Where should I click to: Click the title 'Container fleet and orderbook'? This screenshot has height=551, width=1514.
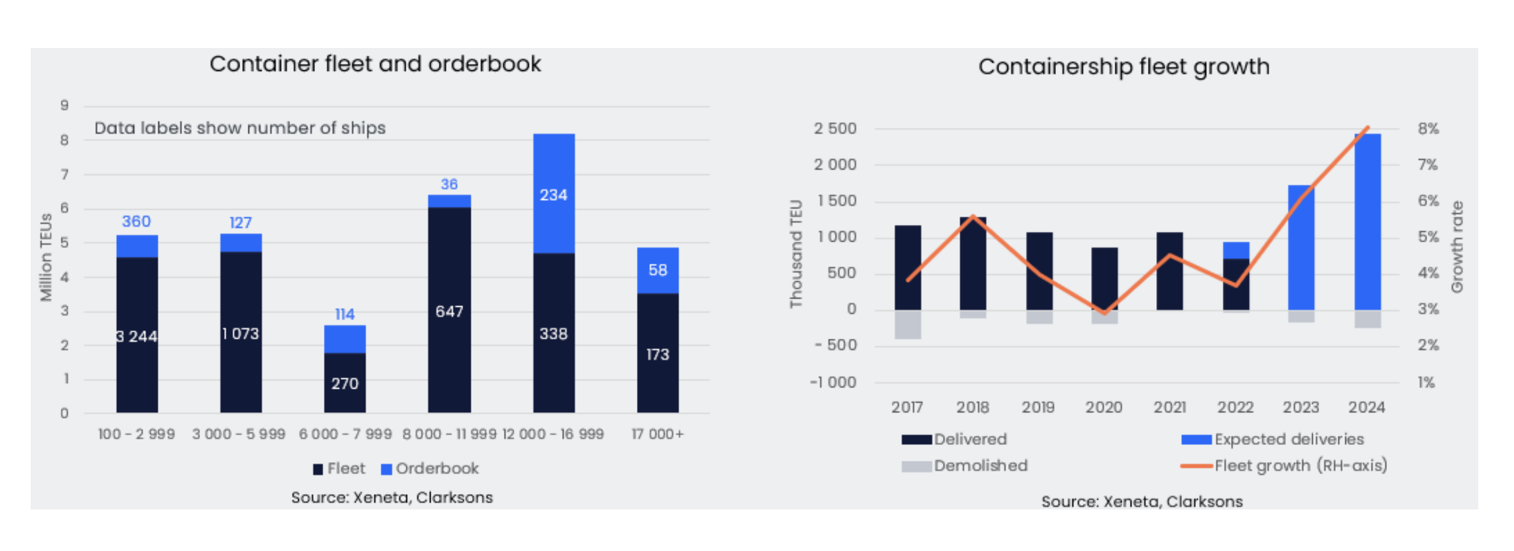[375, 64]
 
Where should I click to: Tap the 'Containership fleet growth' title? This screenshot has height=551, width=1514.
[1124, 66]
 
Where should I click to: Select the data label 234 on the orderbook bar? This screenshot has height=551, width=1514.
[553, 195]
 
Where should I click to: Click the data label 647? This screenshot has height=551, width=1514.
[449, 311]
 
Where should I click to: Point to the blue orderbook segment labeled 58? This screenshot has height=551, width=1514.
[657, 270]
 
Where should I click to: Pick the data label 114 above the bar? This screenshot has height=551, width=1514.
[344, 314]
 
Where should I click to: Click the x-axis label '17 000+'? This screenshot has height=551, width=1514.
[657, 434]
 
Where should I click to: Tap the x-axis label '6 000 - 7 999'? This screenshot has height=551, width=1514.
[345, 434]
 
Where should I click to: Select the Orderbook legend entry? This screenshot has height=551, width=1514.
[430, 469]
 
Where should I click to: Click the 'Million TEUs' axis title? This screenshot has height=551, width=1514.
[45, 257]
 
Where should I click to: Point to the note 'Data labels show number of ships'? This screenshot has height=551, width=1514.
[240, 128]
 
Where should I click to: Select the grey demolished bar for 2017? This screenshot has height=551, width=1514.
[907, 325]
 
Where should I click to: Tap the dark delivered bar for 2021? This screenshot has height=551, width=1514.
[1169, 271]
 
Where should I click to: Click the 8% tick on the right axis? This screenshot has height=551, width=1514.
[1428, 128]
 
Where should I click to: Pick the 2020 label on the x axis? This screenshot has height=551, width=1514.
[1103, 407]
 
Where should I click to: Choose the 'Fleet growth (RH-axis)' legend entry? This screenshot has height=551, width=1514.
[1285, 465]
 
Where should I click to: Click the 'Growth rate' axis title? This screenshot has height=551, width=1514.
[1457, 247]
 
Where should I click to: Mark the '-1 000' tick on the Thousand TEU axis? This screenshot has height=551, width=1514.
[833, 382]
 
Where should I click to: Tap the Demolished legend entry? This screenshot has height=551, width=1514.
[965, 465]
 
